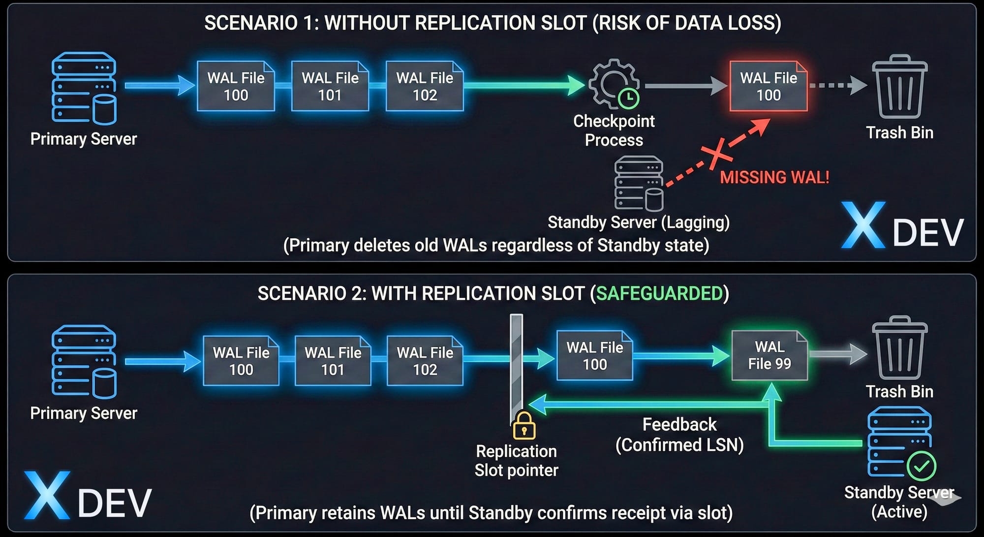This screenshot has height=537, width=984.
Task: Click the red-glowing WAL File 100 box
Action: [x=769, y=86]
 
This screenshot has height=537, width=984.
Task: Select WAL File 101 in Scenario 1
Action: [x=330, y=86]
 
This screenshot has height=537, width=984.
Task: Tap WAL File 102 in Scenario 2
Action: [x=425, y=361]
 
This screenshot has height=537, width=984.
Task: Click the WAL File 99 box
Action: [x=769, y=355]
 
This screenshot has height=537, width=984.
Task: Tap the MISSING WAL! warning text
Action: [x=774, y=177]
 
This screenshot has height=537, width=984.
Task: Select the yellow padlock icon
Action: [x=524, y=426]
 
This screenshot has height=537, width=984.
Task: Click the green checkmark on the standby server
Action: [x=922, y=466]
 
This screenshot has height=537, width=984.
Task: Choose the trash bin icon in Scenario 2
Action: [x=899, y=348]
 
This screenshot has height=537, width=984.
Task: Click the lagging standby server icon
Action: [x=639, y=183]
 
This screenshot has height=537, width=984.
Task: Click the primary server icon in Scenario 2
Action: [x=84, y=362]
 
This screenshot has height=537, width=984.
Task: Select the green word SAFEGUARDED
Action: [x=659, y=293]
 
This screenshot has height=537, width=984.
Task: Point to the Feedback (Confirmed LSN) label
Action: [x=679, y=435]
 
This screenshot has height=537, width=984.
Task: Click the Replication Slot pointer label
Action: [x=516, y=461]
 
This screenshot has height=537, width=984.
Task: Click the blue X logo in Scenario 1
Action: [x=863, y=225]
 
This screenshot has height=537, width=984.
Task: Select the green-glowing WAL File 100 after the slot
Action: [x=594, y=356]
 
